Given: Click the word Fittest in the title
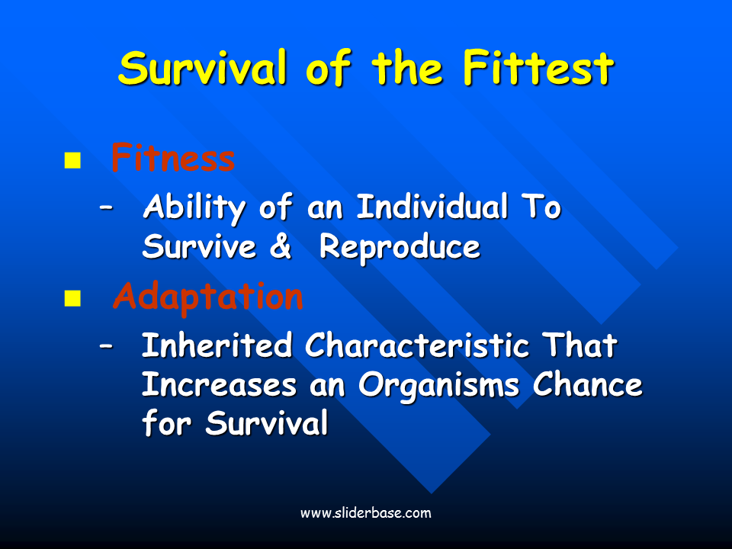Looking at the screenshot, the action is coord(538,68).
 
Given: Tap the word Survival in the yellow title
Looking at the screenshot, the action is coord(202,68).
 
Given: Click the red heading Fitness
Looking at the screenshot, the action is coord(173,158).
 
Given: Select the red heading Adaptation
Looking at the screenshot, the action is coord(207,297).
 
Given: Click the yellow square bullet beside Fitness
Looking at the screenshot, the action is coord(72,160).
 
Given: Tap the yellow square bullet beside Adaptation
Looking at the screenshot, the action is coord(72,298).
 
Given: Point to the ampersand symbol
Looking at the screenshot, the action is coord(281,246).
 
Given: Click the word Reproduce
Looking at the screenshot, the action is coord(400,247).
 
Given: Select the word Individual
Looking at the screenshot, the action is coord(432,207).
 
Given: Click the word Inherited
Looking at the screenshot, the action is coord(217,345).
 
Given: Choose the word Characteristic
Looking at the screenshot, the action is coord(417,345).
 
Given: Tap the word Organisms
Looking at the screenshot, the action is coord(438,387).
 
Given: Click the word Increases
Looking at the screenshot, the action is coord(219,386).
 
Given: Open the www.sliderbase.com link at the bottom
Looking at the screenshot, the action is coord(365,513).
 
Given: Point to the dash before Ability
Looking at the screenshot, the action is coord(107,208).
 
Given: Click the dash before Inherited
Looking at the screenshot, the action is coord(107,346).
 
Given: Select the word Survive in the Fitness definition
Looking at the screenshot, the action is coord(199,246).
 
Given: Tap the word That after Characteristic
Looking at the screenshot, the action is coord(579,345).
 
